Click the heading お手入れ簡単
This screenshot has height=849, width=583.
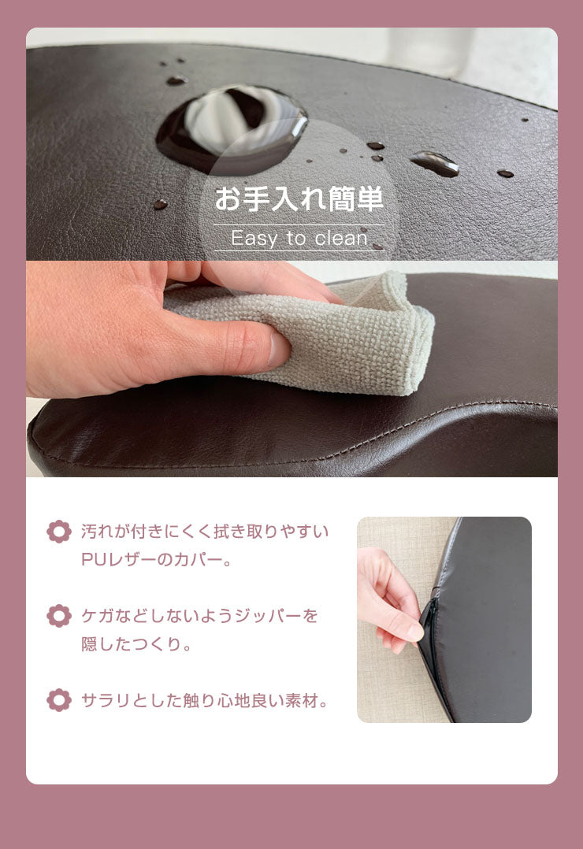click(299, 198)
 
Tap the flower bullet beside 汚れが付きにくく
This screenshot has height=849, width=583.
click(59, 532)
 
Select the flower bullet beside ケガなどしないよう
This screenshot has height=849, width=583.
click(59, 615)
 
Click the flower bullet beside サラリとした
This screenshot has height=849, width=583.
click(59, 699)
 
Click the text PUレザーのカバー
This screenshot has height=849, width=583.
click(157, 561)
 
